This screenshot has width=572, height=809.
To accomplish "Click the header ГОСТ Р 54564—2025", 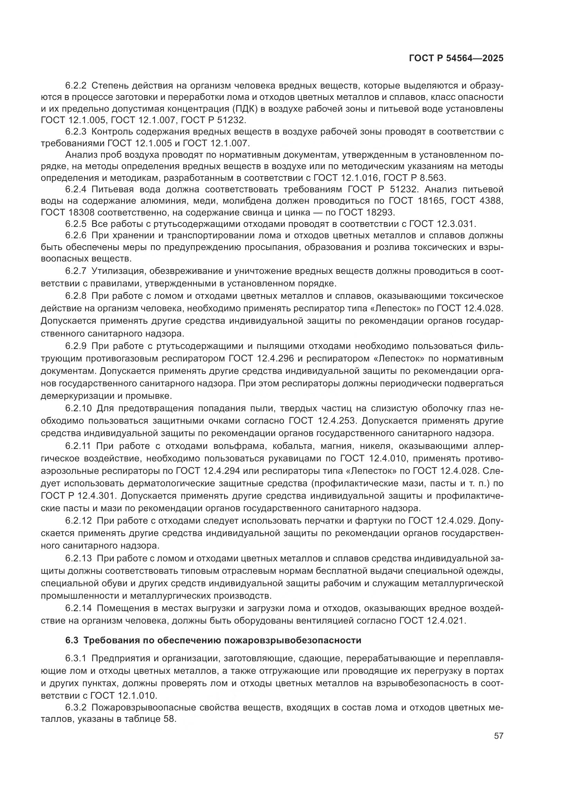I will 456,58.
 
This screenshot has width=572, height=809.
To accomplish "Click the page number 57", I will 498,736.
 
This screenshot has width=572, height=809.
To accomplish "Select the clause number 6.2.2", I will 76,86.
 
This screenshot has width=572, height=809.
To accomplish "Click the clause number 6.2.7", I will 76,271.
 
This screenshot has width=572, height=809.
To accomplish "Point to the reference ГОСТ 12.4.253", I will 323,421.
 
